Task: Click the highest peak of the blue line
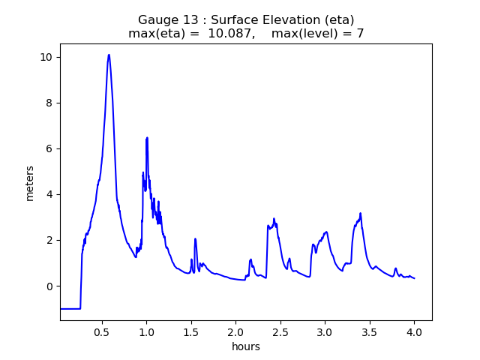tap(109, 55)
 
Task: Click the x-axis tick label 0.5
tap(101, 331)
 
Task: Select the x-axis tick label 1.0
tap(146, 331)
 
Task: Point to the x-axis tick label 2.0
tap(235, 331)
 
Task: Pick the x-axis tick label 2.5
tap(280, 331)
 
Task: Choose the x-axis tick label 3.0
tap(325, 331)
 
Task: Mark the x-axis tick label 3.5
tap(369, 331)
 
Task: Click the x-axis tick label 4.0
tap(414, 331)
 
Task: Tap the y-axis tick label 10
tap(45, 57)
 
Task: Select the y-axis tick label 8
tap(48, 103)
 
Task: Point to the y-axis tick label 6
tap(48, 148)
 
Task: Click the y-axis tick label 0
tap(48, 286)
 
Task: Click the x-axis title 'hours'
tap(246, 346)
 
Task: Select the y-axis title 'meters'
tap(30, 182)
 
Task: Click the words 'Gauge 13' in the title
tap(162, 19)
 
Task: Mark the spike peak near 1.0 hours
tap(147, 137)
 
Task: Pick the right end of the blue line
tap(415, 278)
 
